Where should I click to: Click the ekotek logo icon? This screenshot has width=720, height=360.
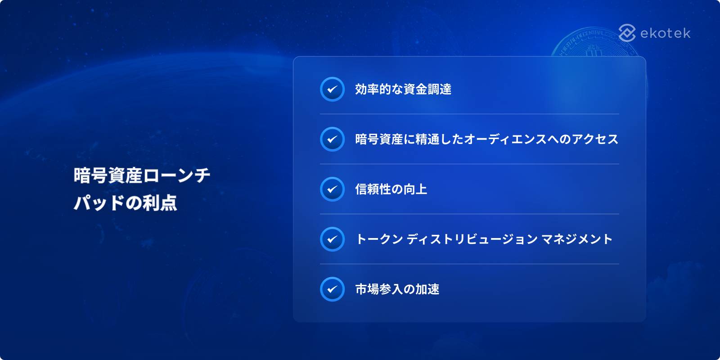pyautogui.click(x=627, y=33)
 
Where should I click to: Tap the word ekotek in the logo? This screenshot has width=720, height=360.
pyautogui.click(x=666, y=33)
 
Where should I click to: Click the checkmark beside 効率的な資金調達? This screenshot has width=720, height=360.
pyautogui.click(x=333, y=89)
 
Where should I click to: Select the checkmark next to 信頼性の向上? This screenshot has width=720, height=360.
pyautogui.click(x=333, y=189)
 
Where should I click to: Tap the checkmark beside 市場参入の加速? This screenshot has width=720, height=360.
pyautogui.click(x=333, y=289)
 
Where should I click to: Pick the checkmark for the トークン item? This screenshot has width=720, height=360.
pyautogui.click(x=333, y=239)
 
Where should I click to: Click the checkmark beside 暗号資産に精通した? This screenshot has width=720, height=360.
pyautogui.click(x=333, y=139)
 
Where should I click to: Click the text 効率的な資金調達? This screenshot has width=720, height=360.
pyautogui.click(x=403, y=89)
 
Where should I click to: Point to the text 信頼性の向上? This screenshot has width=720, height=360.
pyautogui.click(x=391, y=189)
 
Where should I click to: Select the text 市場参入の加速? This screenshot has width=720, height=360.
pyautogui.click(x=397, y=289)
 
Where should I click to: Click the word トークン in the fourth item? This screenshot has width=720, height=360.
pyautogui.click(x=379, y=239)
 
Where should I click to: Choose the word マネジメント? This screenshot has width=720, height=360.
pyautogui.click(x=577, y=239)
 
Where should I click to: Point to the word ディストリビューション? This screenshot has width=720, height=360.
pyautogui.click(x=472, y=239)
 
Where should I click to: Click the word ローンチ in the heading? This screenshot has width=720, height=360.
pyautogui.click(x=176, y=175)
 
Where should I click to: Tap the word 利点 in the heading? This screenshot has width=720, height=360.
pyautogui.click(x=160, y=203)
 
